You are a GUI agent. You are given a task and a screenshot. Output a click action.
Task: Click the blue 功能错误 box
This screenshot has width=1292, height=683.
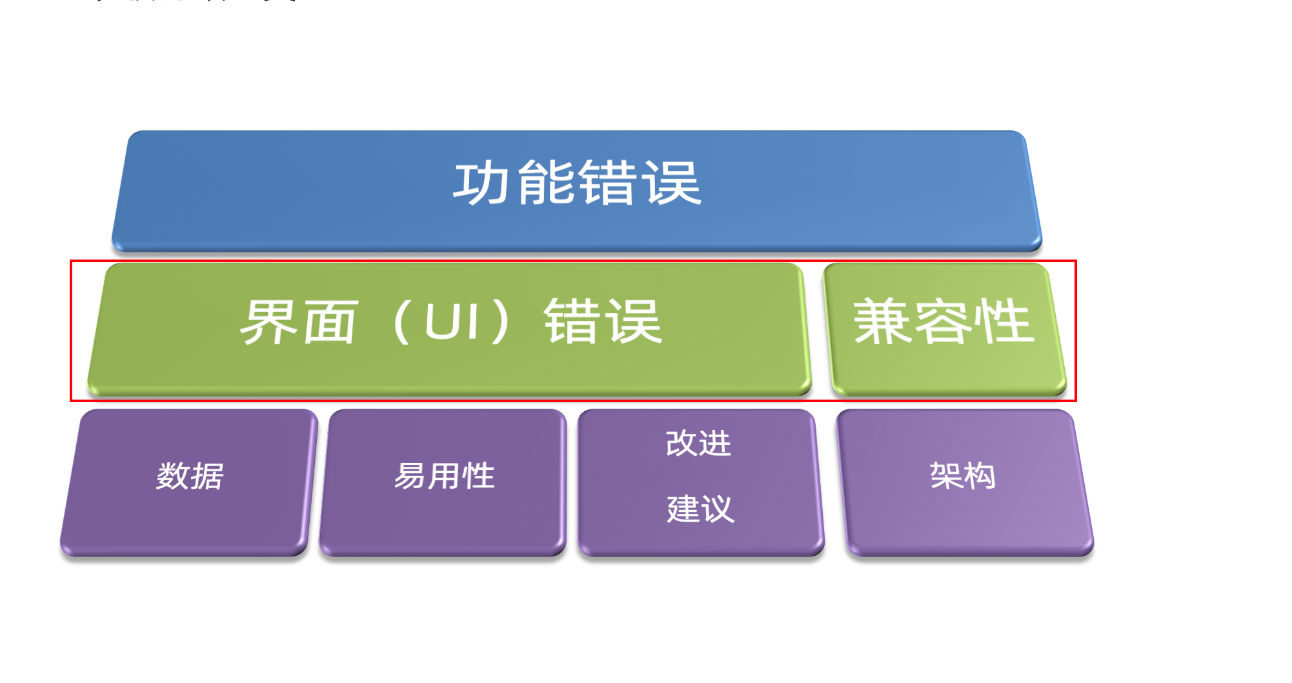576,190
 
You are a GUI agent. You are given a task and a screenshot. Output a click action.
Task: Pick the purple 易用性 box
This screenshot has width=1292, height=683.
443,482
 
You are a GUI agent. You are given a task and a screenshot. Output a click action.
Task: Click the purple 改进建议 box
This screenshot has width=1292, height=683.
700,482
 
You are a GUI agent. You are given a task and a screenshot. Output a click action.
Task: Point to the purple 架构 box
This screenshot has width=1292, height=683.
965,482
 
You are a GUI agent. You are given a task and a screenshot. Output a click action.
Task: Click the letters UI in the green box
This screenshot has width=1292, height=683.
452,321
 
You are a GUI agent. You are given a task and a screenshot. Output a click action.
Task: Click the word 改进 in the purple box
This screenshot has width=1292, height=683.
698,443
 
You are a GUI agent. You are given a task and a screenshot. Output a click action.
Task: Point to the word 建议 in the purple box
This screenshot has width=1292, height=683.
700,509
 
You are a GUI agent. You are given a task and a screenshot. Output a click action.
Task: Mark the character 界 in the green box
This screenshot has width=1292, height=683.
267,321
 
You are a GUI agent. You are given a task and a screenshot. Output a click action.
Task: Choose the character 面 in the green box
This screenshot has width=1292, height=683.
329,321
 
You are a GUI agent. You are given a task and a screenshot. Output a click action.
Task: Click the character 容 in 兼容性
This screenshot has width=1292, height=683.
944,321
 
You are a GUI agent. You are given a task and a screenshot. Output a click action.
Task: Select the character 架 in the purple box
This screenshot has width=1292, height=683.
946,476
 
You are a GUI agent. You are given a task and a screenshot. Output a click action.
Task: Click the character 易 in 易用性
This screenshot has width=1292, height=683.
410,476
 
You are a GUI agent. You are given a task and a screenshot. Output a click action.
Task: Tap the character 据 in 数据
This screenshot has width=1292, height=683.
207,476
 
